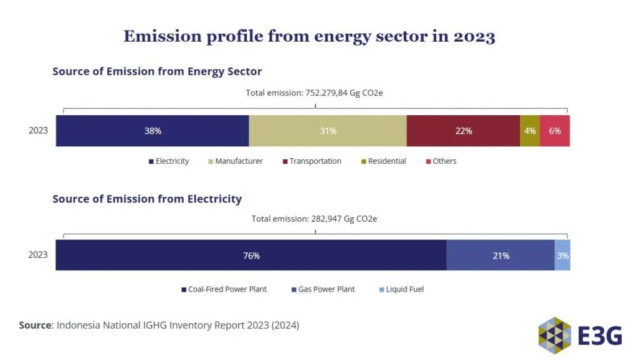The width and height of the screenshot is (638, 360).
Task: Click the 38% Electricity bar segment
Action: pyautogui.click(x=152, y=131)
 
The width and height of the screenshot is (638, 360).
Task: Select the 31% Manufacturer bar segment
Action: pyautogui.click(x=328, y=131)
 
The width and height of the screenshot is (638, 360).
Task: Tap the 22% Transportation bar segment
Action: pyautogui.click(x=463, y=131)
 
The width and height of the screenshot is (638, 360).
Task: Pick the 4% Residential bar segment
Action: pyautogui.click(x=530, y=131)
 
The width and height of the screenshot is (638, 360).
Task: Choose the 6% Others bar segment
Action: pyautogui.click(x=555, y=131)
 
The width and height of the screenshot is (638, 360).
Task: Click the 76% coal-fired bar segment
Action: pyautogui.click(x=251, y=255)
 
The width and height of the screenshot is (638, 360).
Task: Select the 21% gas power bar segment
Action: pyautogui.click(x=500, y=255)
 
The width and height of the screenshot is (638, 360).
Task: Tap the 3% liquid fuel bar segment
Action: pyautogui.click(x=563, y=255)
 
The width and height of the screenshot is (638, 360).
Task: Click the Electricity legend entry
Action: pyautogui.click(x=169, y=161)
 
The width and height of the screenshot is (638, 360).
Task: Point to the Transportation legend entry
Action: pyautogui.click(x=312, y=161)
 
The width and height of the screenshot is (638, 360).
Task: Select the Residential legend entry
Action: pyautogui.click(x=384, y=161)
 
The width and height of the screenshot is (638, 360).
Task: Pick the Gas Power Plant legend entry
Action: pyautogui.click(x=323, y=289)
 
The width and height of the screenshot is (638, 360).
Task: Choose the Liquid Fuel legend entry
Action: pyautogui.click(x=402, y=289)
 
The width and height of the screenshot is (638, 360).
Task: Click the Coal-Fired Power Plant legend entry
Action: pyautogui.click(x=224, y=289)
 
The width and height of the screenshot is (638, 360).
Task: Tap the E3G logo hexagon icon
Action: pyautogui.click(x=555, y=336)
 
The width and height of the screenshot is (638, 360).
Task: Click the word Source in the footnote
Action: pyautogui.click(x=35, y=325)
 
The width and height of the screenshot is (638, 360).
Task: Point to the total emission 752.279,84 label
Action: pyautogui.click(x=314, y=93)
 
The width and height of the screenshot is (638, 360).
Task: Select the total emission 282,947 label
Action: pyautogui.click(x=314, y=219)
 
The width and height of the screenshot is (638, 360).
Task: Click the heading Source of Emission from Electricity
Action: pyautogui.click(x=147, y=199)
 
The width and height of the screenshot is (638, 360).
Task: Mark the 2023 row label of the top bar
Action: pyautogui.click(x=38, y=130)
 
